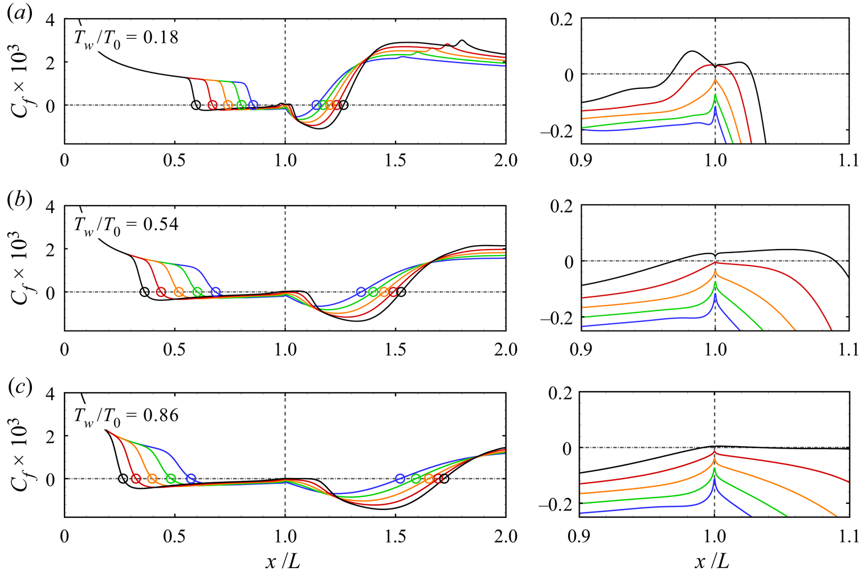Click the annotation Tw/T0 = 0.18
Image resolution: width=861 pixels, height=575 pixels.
(126, 38)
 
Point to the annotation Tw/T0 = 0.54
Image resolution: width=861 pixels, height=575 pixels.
(126, 225)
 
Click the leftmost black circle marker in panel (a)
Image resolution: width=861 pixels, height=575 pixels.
(195, 105)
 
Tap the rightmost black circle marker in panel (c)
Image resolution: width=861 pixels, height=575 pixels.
(444, 479)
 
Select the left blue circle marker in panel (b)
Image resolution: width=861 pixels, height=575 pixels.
(215, 292)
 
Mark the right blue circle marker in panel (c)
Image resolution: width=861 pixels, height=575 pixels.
(400, 479)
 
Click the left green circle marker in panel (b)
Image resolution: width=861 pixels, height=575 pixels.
(197, 292)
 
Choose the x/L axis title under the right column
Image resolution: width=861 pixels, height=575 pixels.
(712, 562)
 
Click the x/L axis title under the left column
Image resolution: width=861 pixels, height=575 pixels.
(283, 562)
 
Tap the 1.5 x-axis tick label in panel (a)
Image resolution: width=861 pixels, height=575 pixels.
(395, 161)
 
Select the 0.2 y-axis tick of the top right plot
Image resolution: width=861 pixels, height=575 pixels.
(561, 19)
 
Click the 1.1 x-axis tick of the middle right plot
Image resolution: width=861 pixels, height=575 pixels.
(848, 348)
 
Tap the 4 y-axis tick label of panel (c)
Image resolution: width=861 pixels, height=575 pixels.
(50, 394)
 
